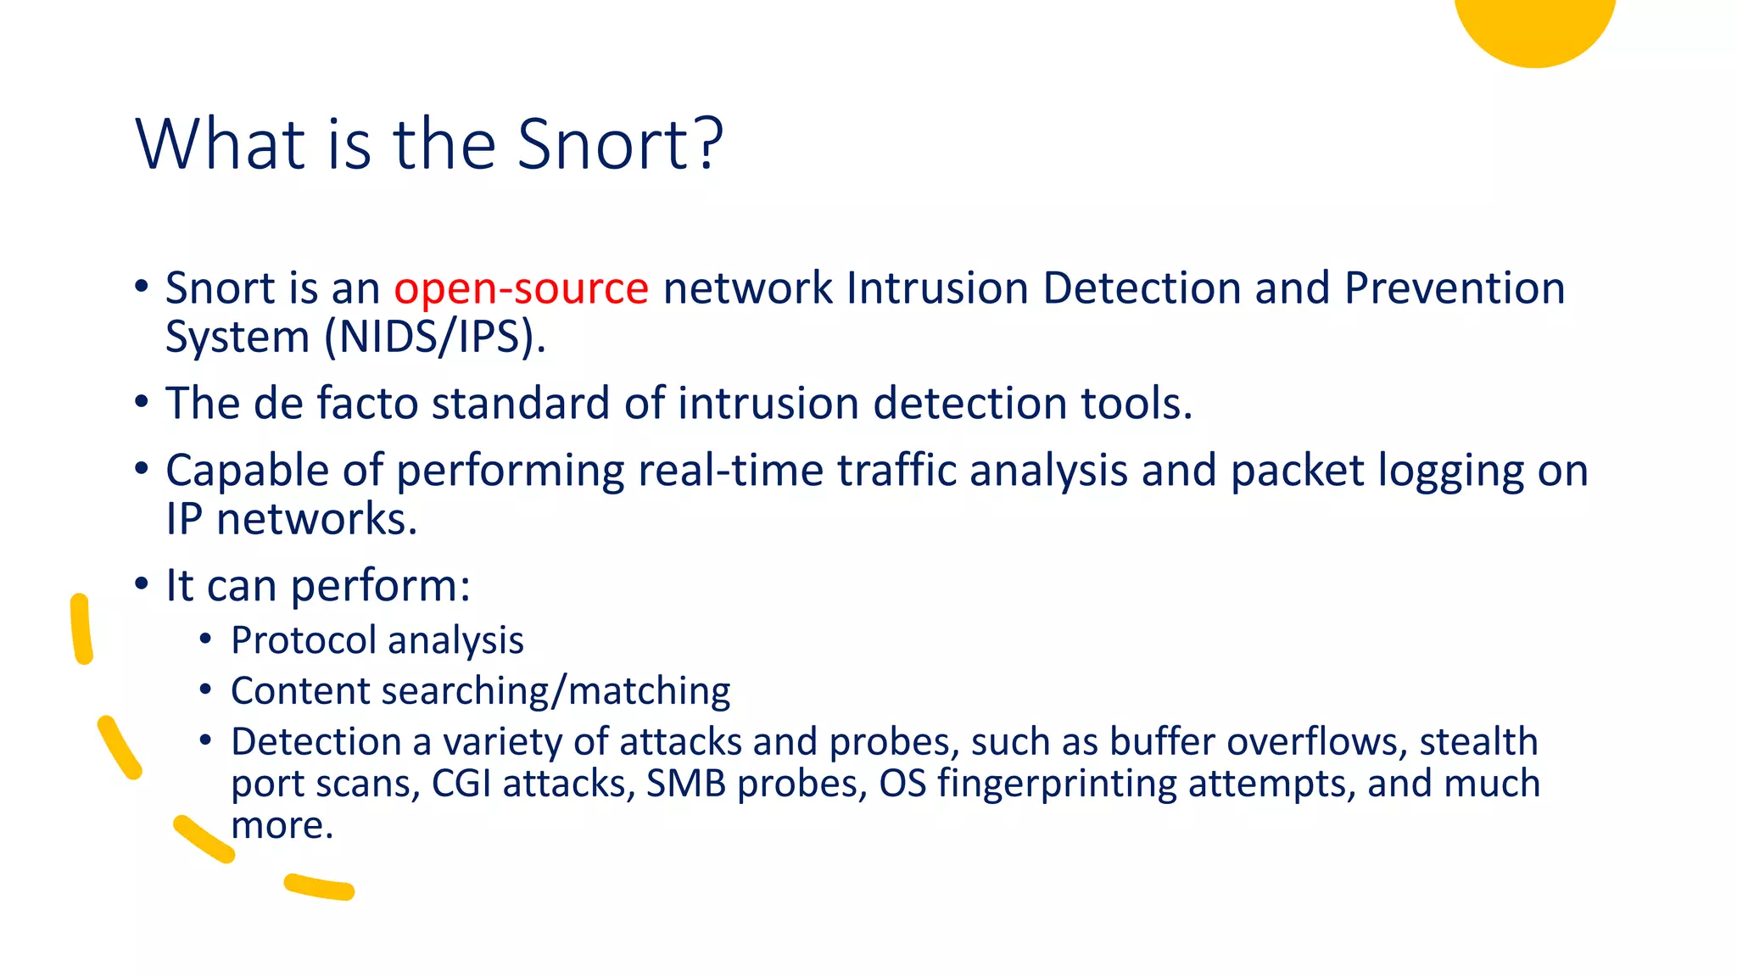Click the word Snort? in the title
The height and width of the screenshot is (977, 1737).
point(620,144)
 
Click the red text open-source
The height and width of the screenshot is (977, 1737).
point(521,288)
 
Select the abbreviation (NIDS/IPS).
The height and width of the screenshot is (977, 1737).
point(435,337)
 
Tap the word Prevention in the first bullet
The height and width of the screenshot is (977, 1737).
point(1454,288)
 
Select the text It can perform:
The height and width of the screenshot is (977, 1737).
point(318,586)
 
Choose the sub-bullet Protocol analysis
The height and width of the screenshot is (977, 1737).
point(377,640)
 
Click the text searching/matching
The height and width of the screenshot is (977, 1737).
point(565,691)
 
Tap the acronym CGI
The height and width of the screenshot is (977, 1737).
point(461,784)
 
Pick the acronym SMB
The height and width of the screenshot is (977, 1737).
point(685,784)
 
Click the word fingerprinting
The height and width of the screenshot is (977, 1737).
point(1057,784)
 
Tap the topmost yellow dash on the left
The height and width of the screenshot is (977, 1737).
point(81,628)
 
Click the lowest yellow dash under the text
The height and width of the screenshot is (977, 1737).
point(319,887)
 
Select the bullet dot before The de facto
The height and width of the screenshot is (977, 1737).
point(142,402)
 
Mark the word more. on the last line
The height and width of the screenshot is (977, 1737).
point(282,825)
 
